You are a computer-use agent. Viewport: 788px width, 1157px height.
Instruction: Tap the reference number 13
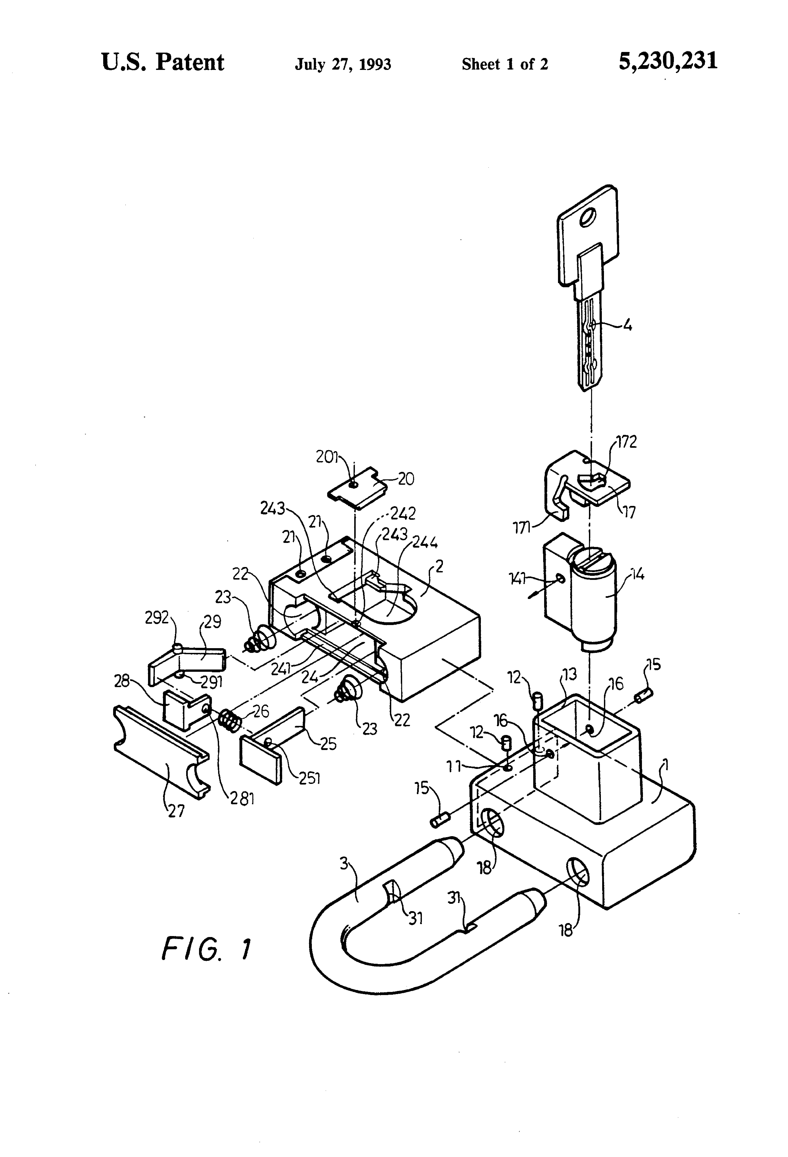(x=569, y=674)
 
